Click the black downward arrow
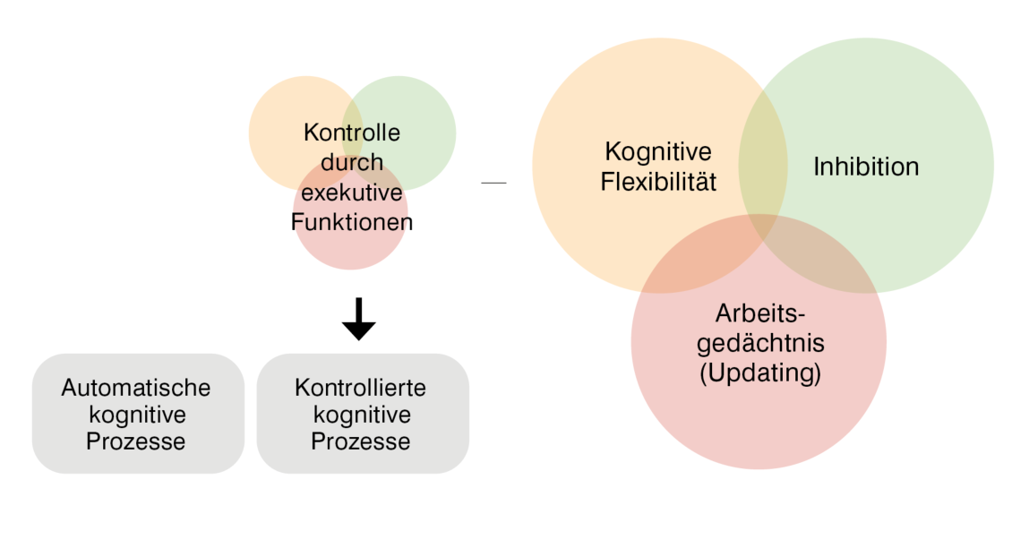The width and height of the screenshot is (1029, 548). tap(359, 320)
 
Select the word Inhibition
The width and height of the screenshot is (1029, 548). tap(866, 167)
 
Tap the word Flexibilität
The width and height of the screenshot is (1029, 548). tap(660, 182)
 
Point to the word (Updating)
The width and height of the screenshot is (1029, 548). tap(759, 372)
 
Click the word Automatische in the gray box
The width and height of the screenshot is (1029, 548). tap(136, 388)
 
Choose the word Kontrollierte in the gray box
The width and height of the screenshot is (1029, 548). tap(360, 388)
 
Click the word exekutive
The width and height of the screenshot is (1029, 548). tap(352, 192)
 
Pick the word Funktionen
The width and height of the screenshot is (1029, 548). tap(352, 220)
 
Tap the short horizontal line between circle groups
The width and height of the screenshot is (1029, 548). tap(493, 183)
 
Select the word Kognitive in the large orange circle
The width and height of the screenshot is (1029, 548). tap(658, 151)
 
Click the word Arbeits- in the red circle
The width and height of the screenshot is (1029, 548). tap(760, 314)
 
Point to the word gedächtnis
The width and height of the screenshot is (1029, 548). tap(759, 343)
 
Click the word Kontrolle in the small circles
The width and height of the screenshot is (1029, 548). tap(352, 133)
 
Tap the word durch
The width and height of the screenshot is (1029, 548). tap(352, 162)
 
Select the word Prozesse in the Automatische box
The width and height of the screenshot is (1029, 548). tap(136, 441)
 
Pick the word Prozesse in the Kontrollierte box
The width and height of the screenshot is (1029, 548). tap(360, 441)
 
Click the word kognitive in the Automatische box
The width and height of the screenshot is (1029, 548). tap(136, 415)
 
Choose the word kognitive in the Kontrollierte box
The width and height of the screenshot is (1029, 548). tap(360, 415)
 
